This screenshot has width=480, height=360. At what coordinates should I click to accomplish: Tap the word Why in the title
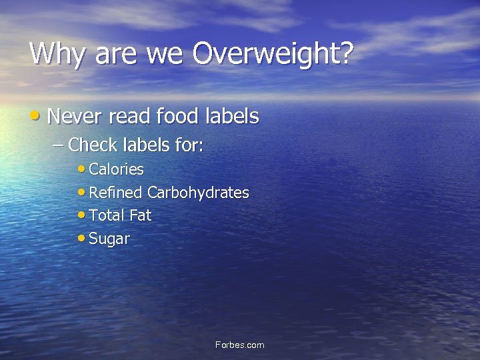coord(59,54)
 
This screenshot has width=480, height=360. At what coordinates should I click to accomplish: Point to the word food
coord(177,117)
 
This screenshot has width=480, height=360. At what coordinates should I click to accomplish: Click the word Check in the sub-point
coord(91,144)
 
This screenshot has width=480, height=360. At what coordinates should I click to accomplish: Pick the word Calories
coord(116,169)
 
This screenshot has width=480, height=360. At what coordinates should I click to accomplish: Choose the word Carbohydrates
coord(198,193)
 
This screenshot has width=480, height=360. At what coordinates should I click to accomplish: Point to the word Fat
coord(140,215)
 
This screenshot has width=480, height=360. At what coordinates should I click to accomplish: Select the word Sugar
coord(109,239)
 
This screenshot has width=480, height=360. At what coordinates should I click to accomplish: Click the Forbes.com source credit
coord(240,345)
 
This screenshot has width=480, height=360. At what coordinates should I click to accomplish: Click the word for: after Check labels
coord(189,144)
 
